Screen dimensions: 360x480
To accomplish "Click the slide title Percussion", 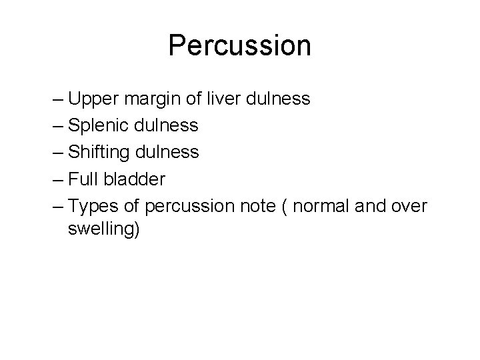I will tap(239, 45).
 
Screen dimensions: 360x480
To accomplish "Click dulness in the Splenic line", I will tap(167, 125).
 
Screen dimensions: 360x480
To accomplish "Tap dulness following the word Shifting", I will tap(168, 152).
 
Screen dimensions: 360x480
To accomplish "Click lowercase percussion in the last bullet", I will tap(185, 206).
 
